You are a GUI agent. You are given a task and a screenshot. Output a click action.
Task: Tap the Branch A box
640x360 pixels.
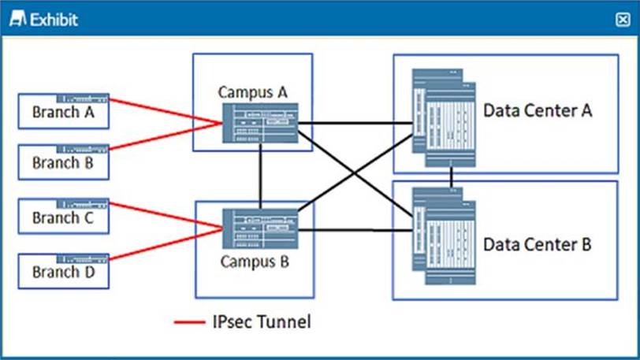tap(62, 111)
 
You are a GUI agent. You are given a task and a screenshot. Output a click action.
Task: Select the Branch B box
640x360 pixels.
tap(62, 161)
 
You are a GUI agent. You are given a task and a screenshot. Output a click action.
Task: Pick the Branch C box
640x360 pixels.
tap(62, 217)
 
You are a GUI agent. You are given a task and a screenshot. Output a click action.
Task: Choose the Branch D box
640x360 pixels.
tap(62, 270)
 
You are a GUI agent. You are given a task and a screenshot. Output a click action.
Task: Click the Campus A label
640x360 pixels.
tap(252, 92)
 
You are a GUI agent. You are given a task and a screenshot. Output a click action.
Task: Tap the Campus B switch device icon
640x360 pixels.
tap(260, 228)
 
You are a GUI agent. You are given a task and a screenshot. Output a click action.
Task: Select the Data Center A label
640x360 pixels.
tap(537, 110)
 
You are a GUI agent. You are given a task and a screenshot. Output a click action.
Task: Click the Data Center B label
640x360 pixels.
tap(537, 244)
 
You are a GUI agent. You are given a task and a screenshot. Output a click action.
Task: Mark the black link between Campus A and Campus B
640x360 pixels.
tap(260, 176)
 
